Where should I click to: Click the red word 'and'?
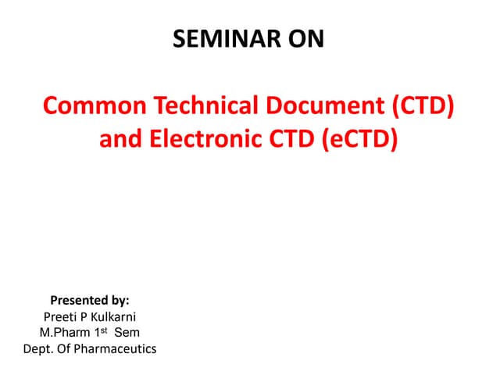tap(119, 140)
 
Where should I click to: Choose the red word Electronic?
tap(209, 140)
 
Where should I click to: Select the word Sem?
tap(127, 333)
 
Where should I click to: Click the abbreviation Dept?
tap(38, 349)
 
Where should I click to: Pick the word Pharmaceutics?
tap(116, 349)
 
